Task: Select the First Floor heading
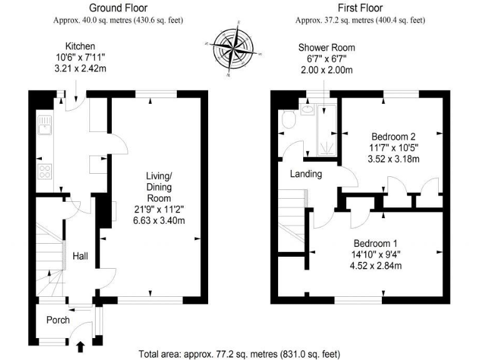pos(360,8)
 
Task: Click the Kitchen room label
pos(80,46)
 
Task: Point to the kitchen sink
pos(44,130)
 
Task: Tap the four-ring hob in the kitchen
pos(46,171)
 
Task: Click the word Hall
pos(80,256)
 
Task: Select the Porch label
pos(57,319)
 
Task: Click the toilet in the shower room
pos(289,119)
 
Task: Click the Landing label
pos(306,174)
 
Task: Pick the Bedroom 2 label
pos(394,136)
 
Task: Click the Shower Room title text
pos(326,47)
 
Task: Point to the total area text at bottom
pos(239,354)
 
